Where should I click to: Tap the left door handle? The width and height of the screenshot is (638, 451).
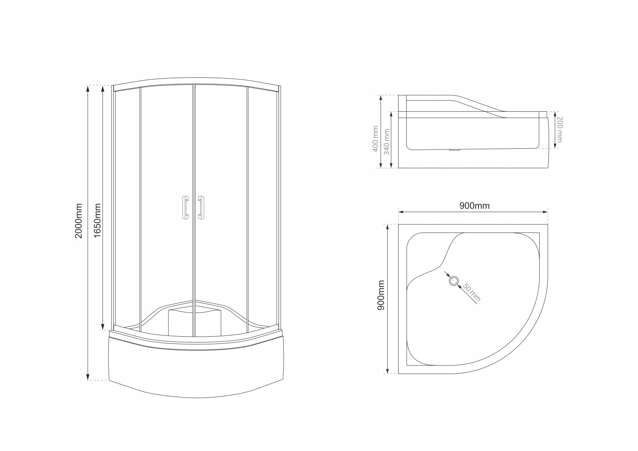tap(185, 208)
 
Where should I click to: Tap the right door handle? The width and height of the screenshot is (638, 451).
tap(201, 208)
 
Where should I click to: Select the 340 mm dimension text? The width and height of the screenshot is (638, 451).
tap(387, 142)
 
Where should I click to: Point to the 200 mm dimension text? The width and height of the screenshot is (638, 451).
tap(559, 130)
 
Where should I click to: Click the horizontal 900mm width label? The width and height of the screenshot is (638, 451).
tap(474, 206)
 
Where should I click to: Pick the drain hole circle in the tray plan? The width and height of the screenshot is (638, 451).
tap(454, 281)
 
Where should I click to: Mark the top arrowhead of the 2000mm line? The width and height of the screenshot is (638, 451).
tap(88, 88)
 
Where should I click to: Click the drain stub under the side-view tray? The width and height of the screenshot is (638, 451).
tap(455, 150)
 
